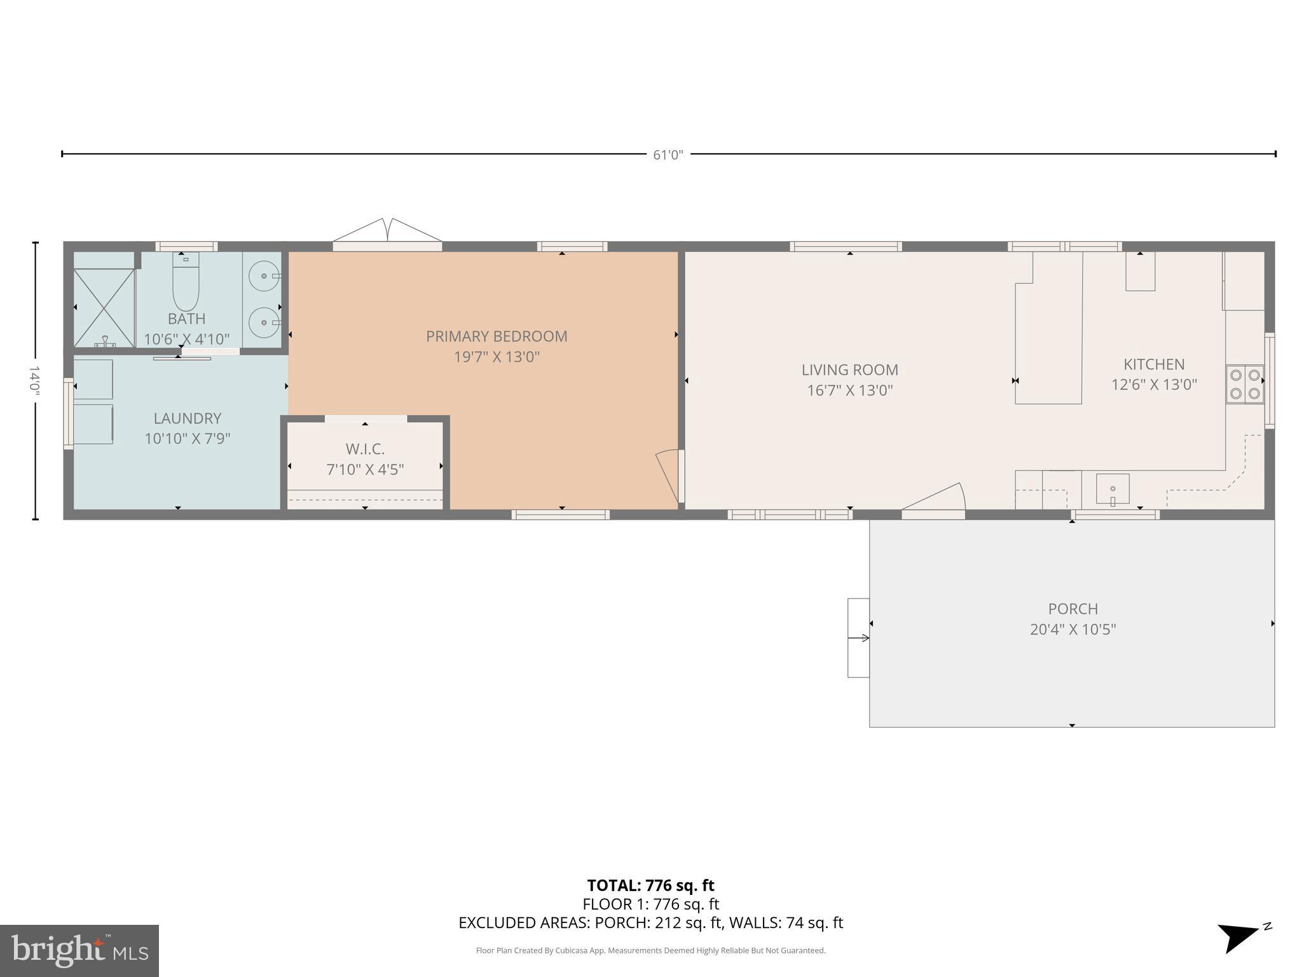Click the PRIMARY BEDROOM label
pyautogui.click(x=496, y=336)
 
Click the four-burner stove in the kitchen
pyautogui.click(x=1245, y=384)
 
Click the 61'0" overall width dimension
pyautogui.click(x=668, y=155)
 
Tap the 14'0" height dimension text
pyautogui.click(x=34, y=380)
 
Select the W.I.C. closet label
pyautogui.click(x=365, y=449)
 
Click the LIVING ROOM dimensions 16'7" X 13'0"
pyautogui.click(x=850, y=391)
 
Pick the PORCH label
pyautogui.click(x=1072, y=609)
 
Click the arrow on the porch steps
pyautogui.click(x=859, y=637)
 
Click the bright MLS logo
pyautogui.click(x=79, y=950)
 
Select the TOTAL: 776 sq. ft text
pyautogui.click(x=650, y=885)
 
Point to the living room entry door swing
pyautogui.click(x=938, y=498)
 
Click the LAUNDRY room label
pyautogui.click(x=187, y=419)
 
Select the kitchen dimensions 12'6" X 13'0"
pyautogui.click(x=1154, y=385)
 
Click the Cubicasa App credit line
pyautogui.click(x=650, y=950)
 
